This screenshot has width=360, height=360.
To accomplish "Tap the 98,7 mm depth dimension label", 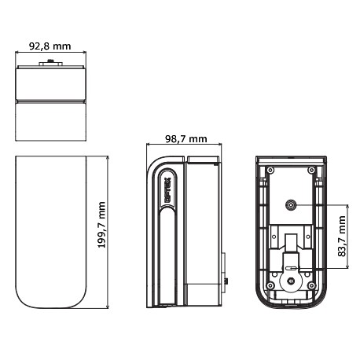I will pyautogui.click(x=185, y=138).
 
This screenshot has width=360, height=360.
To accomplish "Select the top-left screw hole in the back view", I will pyautogui.click(x=270, y=170).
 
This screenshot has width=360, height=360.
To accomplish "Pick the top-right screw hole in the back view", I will pyautogui.click(x=312, y=170).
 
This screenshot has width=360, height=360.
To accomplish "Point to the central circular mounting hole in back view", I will pyautogui.click(x=291, y=205).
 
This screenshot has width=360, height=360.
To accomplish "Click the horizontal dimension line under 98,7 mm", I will pyautogui.click(x=185, y=146).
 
